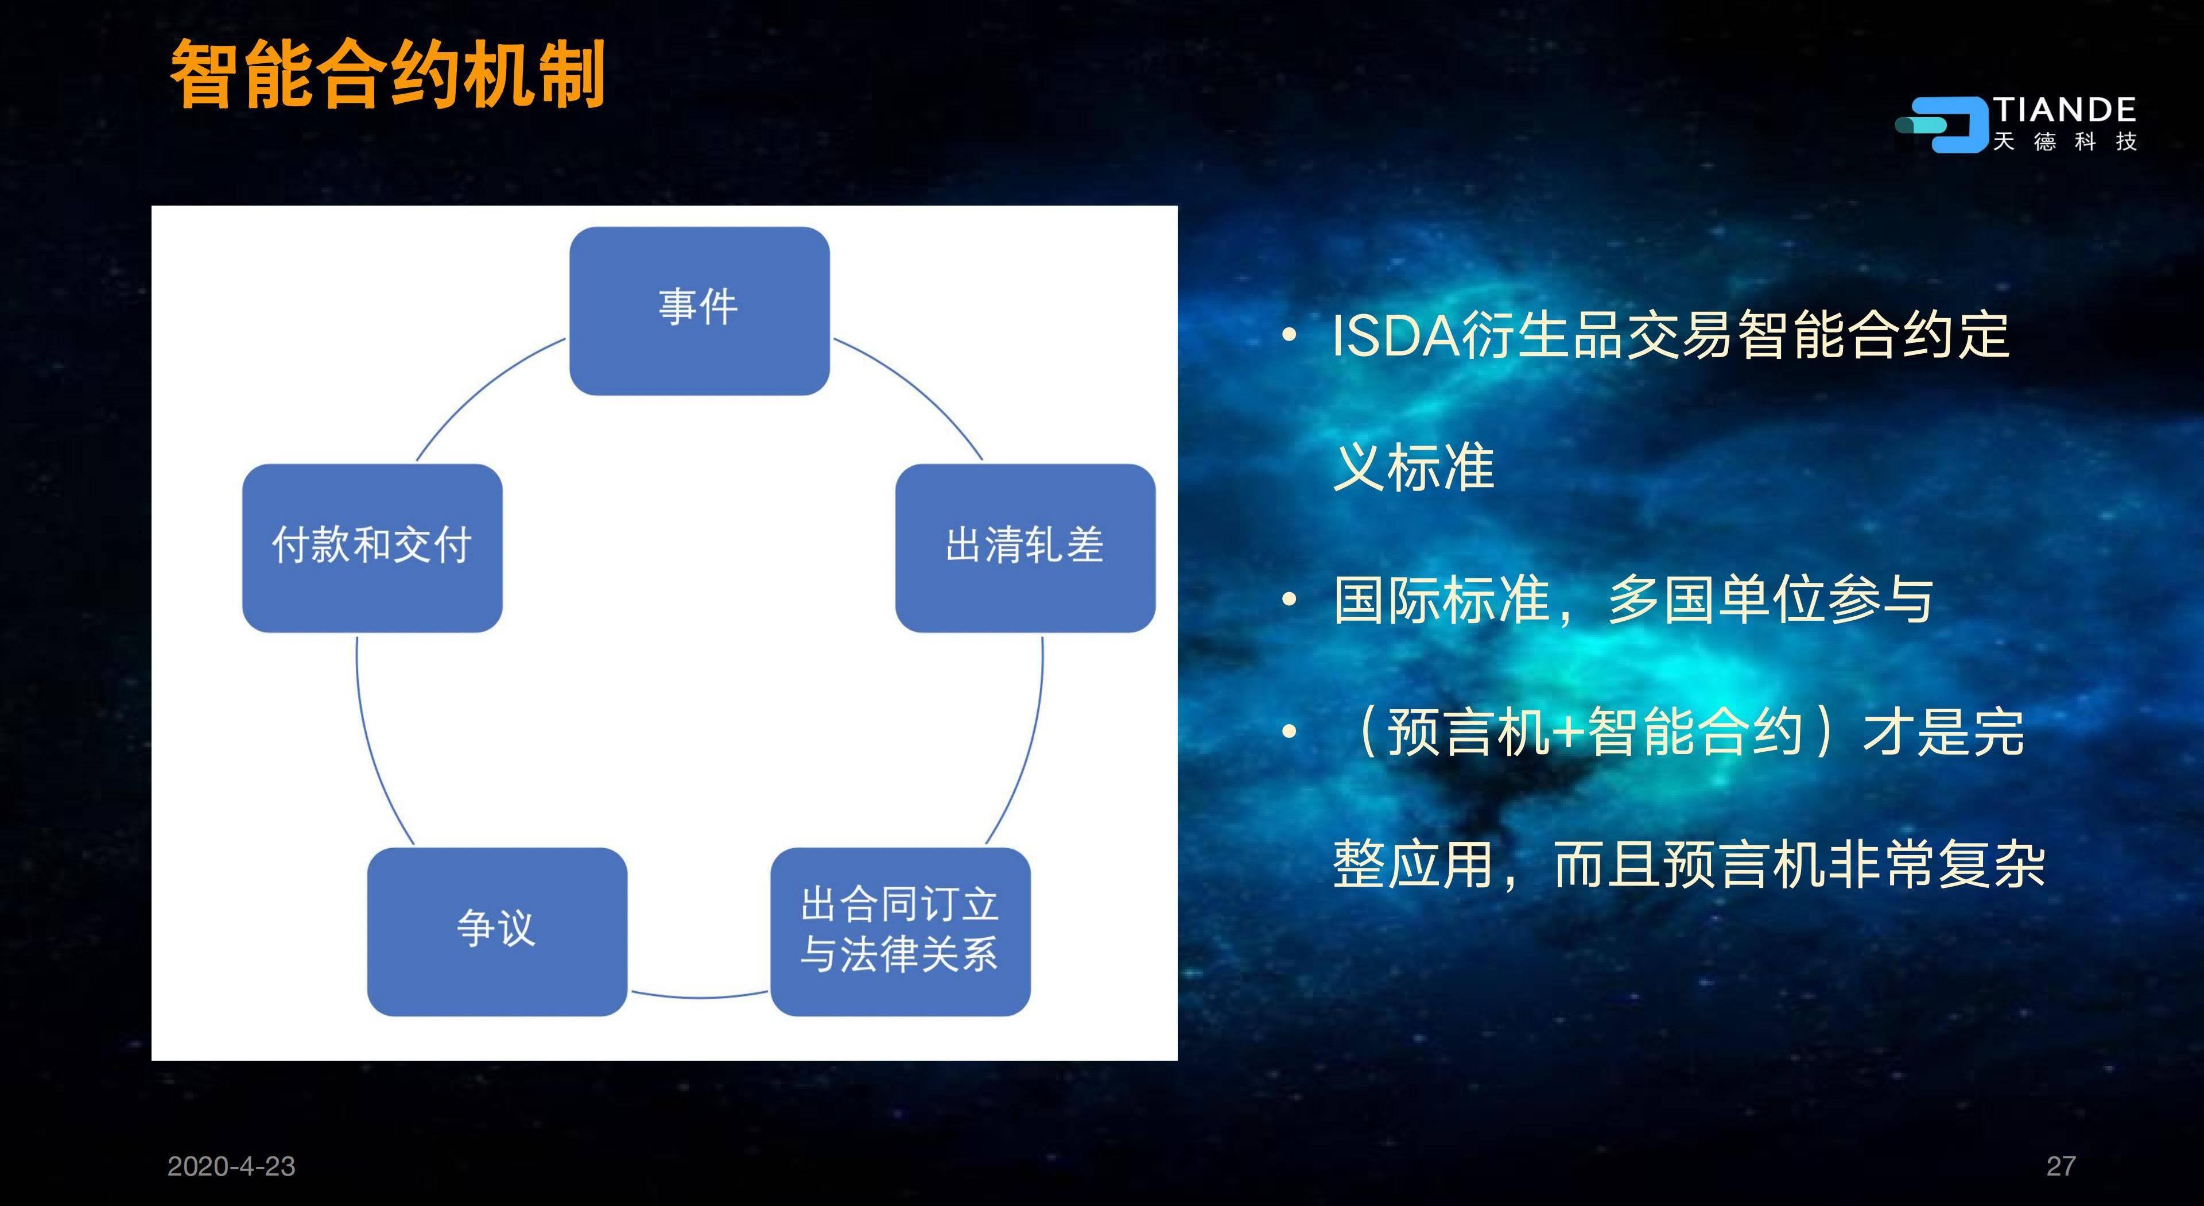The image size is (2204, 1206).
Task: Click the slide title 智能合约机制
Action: (x=387, y=75)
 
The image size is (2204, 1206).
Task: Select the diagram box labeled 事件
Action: (x=699, y=311)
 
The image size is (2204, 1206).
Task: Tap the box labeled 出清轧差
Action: (x=1025, y=548)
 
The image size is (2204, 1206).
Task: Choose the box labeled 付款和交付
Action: (x=372, y=548)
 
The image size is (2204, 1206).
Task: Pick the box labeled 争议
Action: (x=497, y=931)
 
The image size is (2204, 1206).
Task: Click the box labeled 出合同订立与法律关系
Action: (x=900, y=931)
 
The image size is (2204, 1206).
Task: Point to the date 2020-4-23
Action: (x=231, y=1166)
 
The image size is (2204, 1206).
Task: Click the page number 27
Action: (x=2061, y=1166)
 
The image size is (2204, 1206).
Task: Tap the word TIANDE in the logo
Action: (x=2065, y=110)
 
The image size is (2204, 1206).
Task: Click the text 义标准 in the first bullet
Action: (x=1414, y=467)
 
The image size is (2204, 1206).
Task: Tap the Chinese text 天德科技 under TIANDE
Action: (x=2065, y=141)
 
